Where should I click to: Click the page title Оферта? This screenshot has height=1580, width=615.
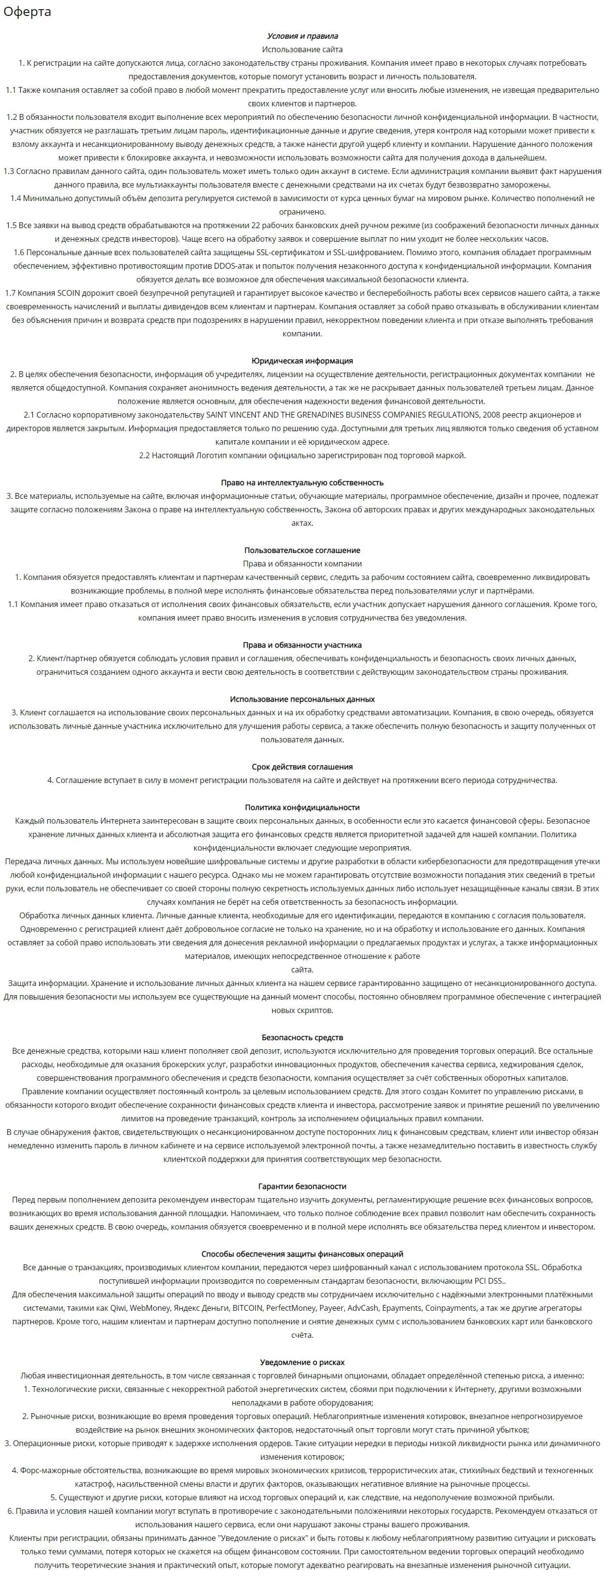pos(27,12)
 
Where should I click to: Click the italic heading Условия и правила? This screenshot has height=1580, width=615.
pos(302,36)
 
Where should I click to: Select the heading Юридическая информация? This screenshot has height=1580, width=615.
pos(302,361)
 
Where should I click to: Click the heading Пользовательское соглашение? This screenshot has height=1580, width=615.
pos(302,550)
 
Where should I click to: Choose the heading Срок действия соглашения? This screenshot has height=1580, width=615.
pos(302,767)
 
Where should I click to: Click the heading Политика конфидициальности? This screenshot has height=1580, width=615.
pos(302,807)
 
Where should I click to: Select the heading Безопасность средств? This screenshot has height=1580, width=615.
pos(302,1037)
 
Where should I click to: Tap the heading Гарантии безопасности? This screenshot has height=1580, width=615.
pos(302,1186)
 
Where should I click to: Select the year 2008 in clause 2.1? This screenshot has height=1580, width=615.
pos(490,415)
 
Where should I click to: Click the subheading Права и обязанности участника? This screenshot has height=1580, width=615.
pos(302,645)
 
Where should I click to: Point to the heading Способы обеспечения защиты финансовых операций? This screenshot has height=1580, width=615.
pos(302,1254)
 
